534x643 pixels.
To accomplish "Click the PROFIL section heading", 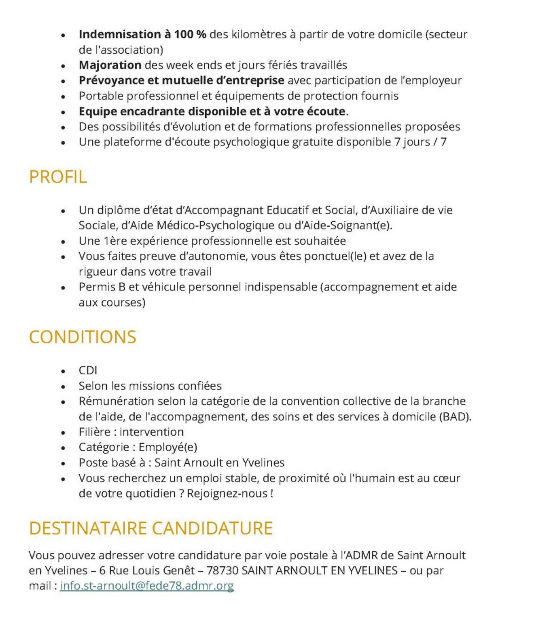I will [58, 177].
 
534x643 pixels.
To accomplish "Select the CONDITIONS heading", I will [83, 337].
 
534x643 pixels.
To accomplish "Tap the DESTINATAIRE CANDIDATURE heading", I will [151, 528].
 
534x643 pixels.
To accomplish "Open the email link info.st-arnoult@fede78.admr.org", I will [147, 586].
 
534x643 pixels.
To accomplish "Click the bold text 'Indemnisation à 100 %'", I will [142, 34].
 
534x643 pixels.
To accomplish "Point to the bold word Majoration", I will [110, 65].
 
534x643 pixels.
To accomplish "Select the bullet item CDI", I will [88, 370].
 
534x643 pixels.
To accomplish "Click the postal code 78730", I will [222, 570].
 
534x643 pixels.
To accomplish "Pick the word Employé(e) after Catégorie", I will [168, 447].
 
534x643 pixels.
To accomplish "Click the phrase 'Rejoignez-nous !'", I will [230, 494].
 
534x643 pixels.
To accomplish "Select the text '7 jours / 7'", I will [420, 142].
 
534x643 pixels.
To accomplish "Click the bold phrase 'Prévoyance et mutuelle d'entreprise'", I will [181, 80].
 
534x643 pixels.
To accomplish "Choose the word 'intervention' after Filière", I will [151, 432].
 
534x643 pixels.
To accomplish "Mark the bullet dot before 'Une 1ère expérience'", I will [63, 242].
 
